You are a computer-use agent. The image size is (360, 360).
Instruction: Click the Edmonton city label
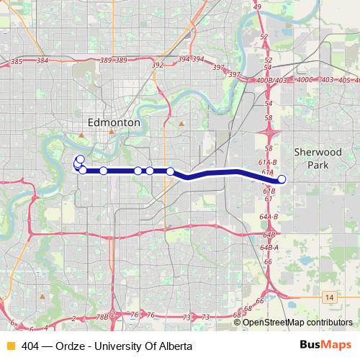pos(114,123)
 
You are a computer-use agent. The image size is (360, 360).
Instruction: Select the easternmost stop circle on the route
pos(282,179)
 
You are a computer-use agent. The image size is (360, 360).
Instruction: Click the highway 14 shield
pos(329,296)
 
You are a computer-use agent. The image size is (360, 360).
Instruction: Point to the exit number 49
pos(258,7)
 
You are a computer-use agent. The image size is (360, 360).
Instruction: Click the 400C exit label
pos(306,80)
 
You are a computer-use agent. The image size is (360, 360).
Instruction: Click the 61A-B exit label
pos(269,163)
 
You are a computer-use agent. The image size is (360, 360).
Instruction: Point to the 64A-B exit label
pos(269,216)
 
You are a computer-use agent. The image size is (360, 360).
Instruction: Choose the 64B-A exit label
pos(269,247)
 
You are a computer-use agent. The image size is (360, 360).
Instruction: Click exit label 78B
pos(103,316)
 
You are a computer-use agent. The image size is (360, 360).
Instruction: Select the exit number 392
pos(158,66)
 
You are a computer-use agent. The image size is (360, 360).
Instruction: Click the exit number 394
pos(184,59)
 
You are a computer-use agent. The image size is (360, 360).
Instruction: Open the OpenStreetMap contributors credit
pos(297,323)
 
